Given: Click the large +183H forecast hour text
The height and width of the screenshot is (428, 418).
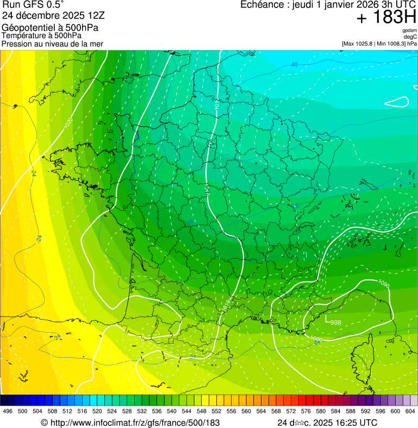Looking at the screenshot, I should tap(386, 17).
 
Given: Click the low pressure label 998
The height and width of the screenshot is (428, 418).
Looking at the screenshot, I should tap(335, 322).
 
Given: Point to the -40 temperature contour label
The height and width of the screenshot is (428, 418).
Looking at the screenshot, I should tap(294, 65).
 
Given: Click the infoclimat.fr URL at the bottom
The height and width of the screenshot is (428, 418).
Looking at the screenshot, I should tap(130, 423).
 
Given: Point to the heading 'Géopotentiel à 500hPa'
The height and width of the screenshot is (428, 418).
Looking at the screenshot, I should tap(51, 28).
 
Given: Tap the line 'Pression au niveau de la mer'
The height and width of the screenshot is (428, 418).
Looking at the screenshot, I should tap(52, 44).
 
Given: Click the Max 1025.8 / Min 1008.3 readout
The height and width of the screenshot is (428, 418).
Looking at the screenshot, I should tap(379, 44).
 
